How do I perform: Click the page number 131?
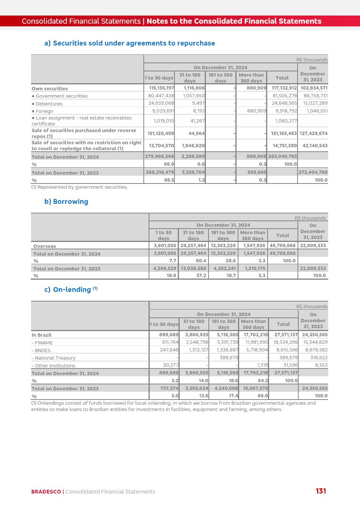point(320,491)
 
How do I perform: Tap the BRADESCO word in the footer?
point(46,492)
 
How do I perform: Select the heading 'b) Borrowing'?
point(66,202)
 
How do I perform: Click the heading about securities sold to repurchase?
point(129,43)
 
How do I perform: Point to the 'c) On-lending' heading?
point(71,289)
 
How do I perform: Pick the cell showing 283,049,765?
point(282,156)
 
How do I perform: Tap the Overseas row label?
point(45,246)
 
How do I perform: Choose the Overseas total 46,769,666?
point(282,246)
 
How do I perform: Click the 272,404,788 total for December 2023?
point(313,172)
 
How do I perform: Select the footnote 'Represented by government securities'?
point(79,187)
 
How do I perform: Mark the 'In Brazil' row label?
point(41,335)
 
